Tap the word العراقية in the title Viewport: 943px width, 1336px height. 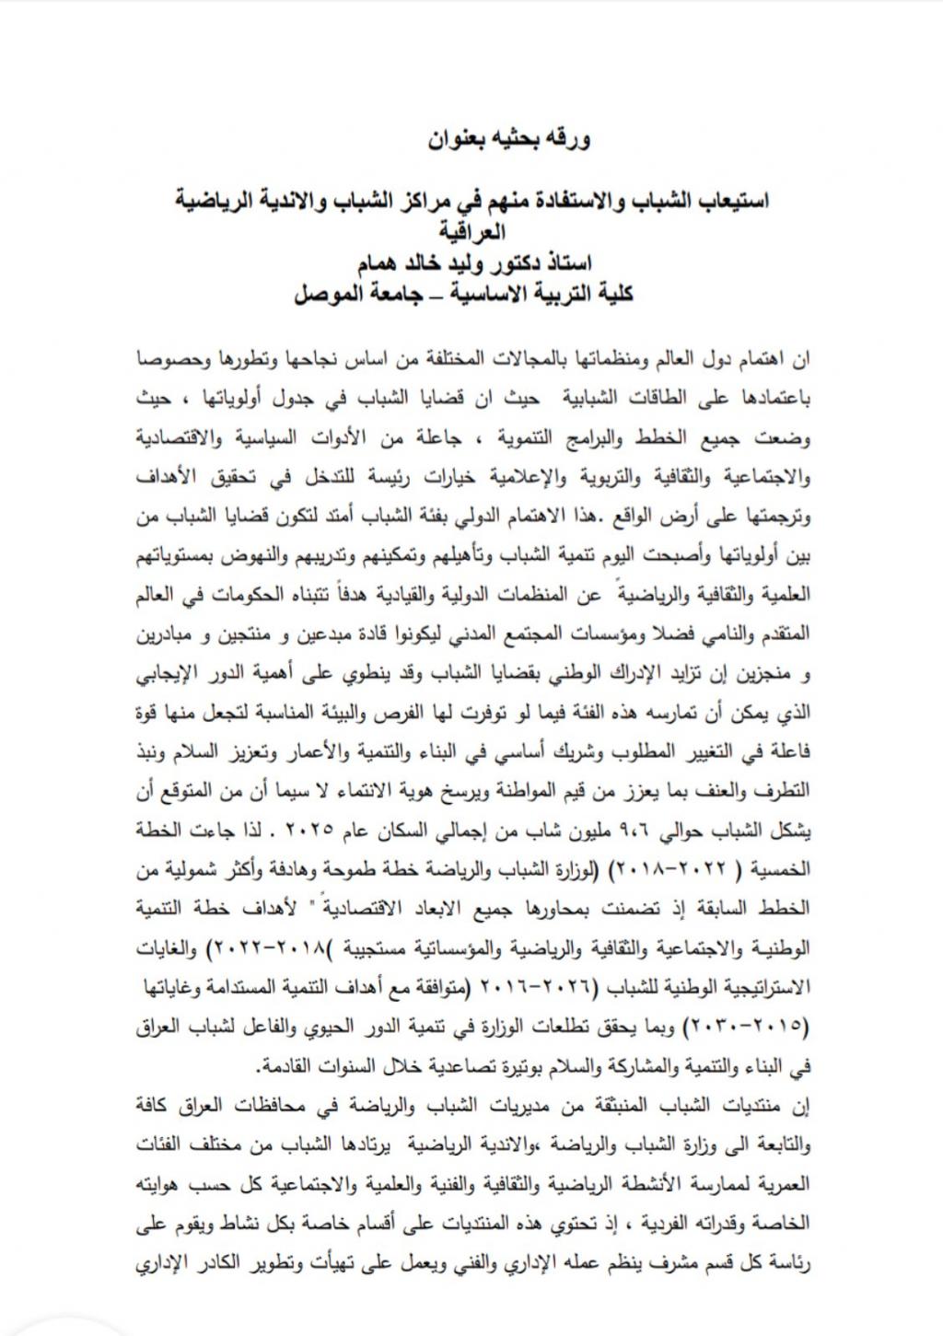(x=471, y=229)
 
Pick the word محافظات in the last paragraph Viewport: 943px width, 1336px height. (x=243, y=1104)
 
